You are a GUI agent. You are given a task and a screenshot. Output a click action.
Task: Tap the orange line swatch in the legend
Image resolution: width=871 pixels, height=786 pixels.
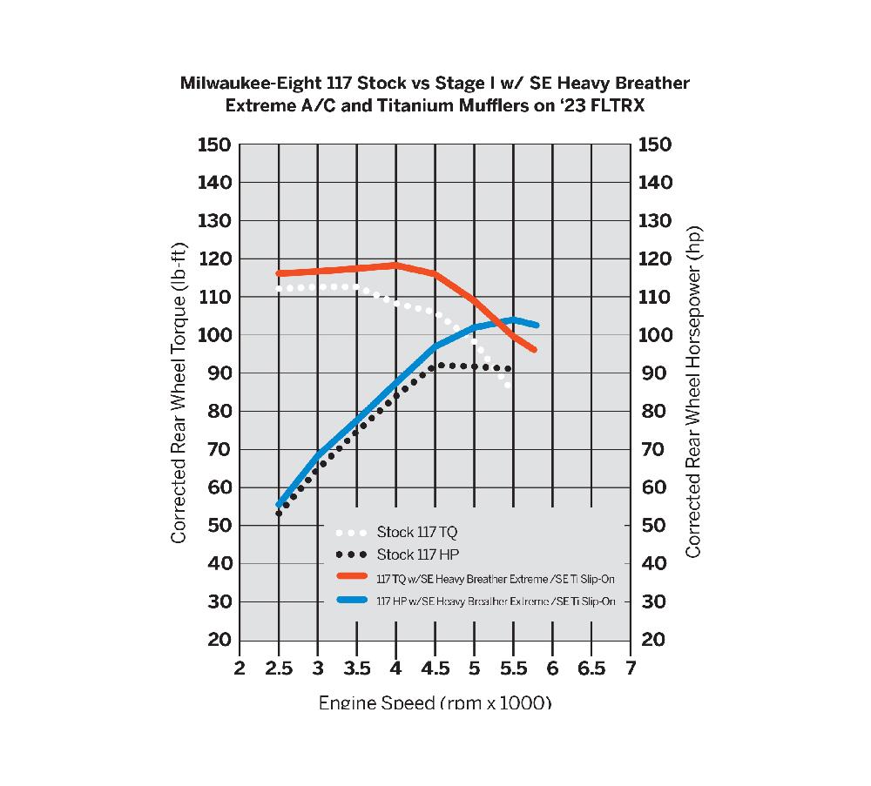352,577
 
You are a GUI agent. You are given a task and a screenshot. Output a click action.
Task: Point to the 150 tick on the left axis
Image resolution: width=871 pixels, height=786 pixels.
214,144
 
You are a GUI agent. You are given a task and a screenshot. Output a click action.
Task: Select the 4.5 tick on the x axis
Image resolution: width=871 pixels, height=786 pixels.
435,668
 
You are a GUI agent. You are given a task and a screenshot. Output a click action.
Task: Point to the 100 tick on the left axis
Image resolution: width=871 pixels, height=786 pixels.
214,336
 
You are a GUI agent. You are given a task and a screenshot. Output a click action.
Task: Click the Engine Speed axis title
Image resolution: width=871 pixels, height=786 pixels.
435,702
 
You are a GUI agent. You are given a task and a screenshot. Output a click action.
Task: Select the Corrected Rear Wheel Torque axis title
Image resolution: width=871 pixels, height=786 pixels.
179,393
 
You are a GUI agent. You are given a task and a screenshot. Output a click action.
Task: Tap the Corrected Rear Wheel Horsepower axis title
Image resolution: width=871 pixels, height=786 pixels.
693,392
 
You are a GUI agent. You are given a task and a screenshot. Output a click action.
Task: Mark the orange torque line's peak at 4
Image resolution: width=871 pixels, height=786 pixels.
396,265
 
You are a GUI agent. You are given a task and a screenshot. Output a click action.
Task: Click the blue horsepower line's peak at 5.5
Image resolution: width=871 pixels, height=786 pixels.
513,319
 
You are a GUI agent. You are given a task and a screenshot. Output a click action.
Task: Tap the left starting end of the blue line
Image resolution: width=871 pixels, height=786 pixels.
280,504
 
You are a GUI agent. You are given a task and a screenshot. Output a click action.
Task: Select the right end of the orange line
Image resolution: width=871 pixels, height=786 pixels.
534,350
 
